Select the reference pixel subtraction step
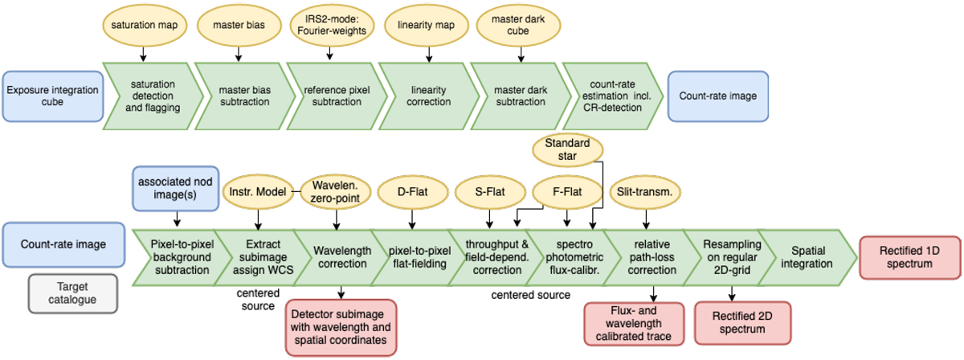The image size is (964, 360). (x=333, y=96)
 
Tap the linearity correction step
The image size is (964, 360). (x=429, y=96)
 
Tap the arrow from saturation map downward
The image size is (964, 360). (x=143, y=54)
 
